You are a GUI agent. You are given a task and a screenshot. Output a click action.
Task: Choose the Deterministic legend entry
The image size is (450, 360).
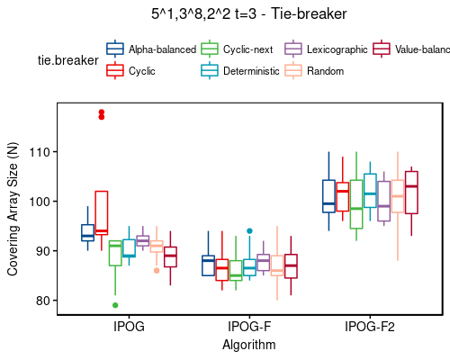[x=248, y=70]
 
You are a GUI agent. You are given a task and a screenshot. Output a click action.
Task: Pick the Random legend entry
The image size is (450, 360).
[x=323, y=70]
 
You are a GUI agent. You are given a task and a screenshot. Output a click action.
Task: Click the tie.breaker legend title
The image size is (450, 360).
[x=65, y=59]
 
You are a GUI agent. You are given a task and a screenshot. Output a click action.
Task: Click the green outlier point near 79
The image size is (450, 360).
[x=115, y=305]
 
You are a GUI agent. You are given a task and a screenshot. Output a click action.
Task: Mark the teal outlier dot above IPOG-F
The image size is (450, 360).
[x=250, y=231]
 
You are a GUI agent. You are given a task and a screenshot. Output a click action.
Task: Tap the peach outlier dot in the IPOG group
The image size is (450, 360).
[x=157, y=270]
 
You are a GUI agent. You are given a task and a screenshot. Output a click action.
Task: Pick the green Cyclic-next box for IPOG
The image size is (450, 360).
[x=115, y=253]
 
